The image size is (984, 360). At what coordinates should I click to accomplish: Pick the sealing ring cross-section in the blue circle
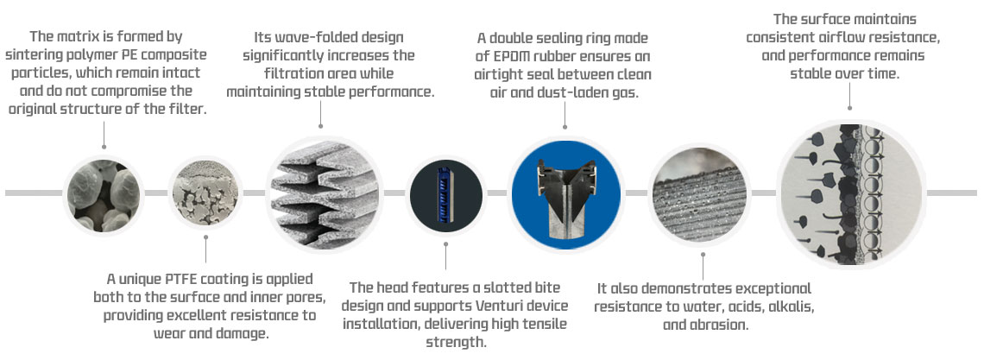point(566,197)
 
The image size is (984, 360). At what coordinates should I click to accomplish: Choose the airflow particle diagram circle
point(850,193)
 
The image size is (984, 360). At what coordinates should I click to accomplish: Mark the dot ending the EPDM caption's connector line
point(565,127)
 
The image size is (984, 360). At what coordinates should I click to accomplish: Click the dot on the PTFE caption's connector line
point(205,237)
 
